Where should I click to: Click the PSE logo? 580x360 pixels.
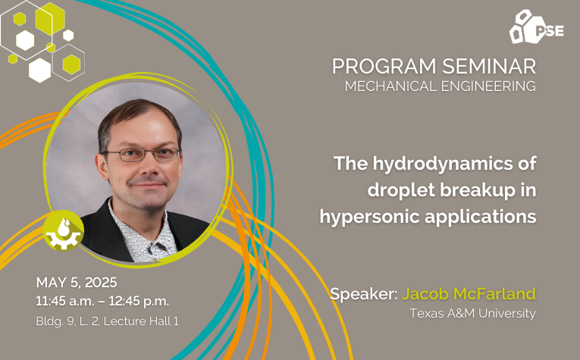pyautogui.click(x=536, y=27)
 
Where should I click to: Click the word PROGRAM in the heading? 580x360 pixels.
pyautogui.click(x=384, y=67)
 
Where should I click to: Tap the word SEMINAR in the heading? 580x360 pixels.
pyautogui.click(x=489, y=67)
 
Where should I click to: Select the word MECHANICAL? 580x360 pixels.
pyautogui.click(x=390, y=86)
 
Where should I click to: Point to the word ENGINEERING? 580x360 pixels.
pyautogui.click(x=488, y=86)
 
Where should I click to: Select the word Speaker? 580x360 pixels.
pyautogui.click(x=364, y=294)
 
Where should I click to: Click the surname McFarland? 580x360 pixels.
pyautogui.click(x=494, y=294)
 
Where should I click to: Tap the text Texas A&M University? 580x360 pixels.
pyautogui.click(x=473, y=314)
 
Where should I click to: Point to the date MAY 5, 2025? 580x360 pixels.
pyautogui.click(x=77, y=283)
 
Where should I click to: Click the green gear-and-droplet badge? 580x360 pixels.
pyautogui.click(x=63, y=230)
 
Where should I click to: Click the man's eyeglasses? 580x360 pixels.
pyautogui.click(x=141, y=155)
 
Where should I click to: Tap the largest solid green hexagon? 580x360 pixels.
pyautogui.click(x=50, y=18)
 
